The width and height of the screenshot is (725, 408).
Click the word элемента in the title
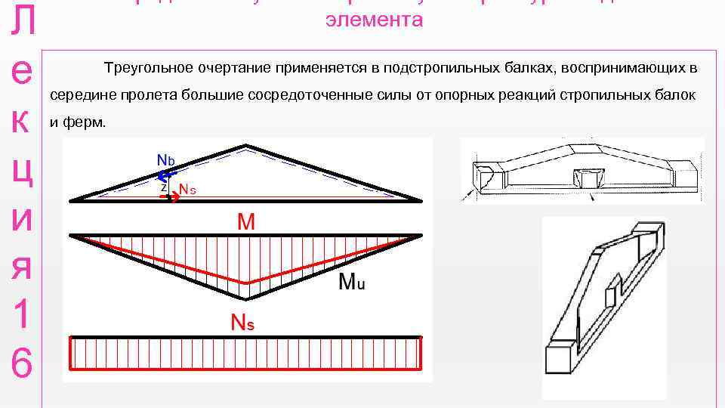point(374,20)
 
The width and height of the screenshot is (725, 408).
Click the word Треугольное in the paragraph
point(148,69)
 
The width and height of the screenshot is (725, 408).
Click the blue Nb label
point(165,160)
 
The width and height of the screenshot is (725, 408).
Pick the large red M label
point(246,221)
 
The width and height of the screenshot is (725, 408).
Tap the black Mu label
point(352,282)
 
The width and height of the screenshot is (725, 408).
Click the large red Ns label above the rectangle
point(242,323)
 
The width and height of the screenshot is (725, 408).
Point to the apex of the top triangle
point(245,144)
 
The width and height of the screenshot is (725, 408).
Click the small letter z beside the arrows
point(164,187)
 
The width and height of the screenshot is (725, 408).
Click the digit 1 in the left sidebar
point(22,314)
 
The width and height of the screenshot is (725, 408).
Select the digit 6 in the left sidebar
point(22,365)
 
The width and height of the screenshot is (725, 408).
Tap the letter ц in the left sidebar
point(23,171)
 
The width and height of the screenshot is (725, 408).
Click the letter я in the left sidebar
point(22,266)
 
